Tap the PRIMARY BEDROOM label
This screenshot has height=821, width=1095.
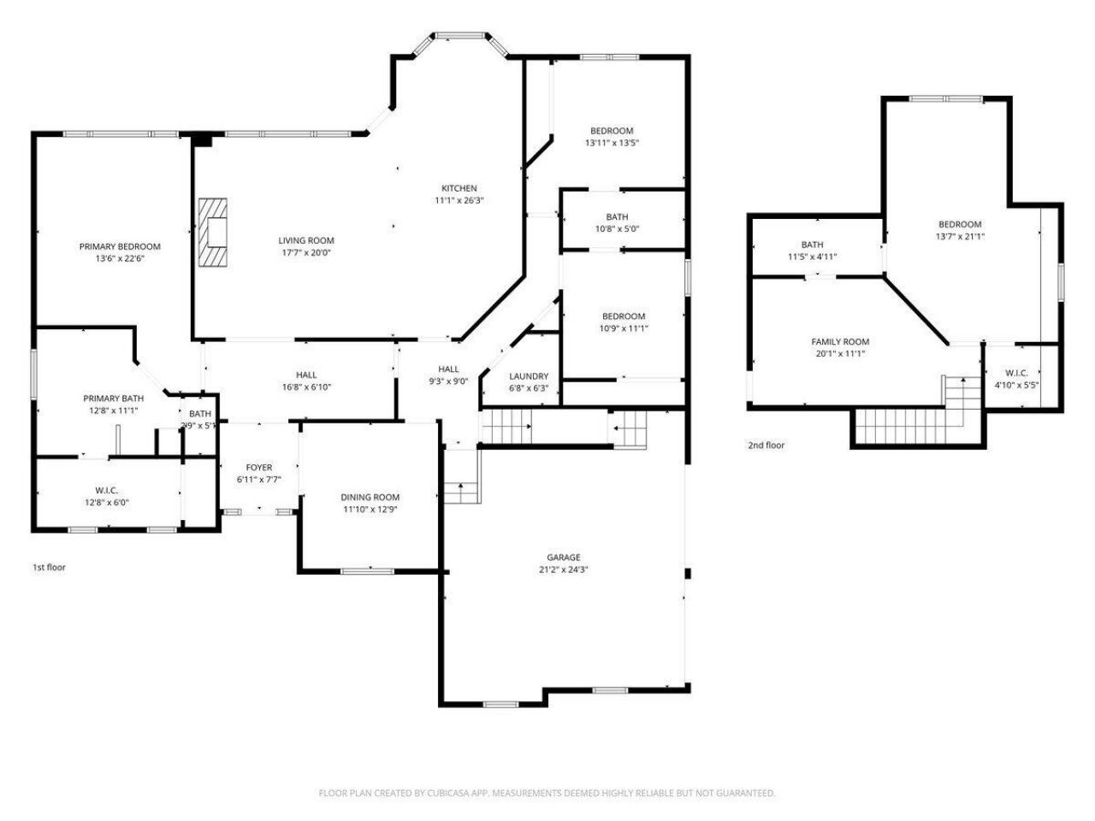click(x=120, y=246)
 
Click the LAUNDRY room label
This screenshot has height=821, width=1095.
click(x=529, y=376)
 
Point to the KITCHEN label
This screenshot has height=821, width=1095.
click(x=459, y=188)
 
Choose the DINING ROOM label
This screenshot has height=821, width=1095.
click(x=370, y=497)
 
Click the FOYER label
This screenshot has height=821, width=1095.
click(x=259, y=467)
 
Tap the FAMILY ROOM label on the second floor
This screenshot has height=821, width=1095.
click(x=840, y=341)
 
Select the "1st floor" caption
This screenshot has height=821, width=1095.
click(x=49, y=567)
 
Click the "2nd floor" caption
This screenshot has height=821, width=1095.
click(x=766, y=445)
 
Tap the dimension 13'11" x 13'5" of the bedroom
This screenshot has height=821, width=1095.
click(x=612, y=143)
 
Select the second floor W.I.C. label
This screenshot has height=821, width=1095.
click(x=1016, y=373)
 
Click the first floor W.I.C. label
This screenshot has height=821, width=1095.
click(x=106, y=490)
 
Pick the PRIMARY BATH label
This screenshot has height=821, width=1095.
click(x=113, y=398)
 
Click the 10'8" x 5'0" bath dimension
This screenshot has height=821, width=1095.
click(x=616, y=228)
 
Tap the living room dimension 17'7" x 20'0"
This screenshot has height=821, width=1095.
click(x=305, y=252)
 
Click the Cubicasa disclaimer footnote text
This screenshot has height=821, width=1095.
click(x=547, y=793)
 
